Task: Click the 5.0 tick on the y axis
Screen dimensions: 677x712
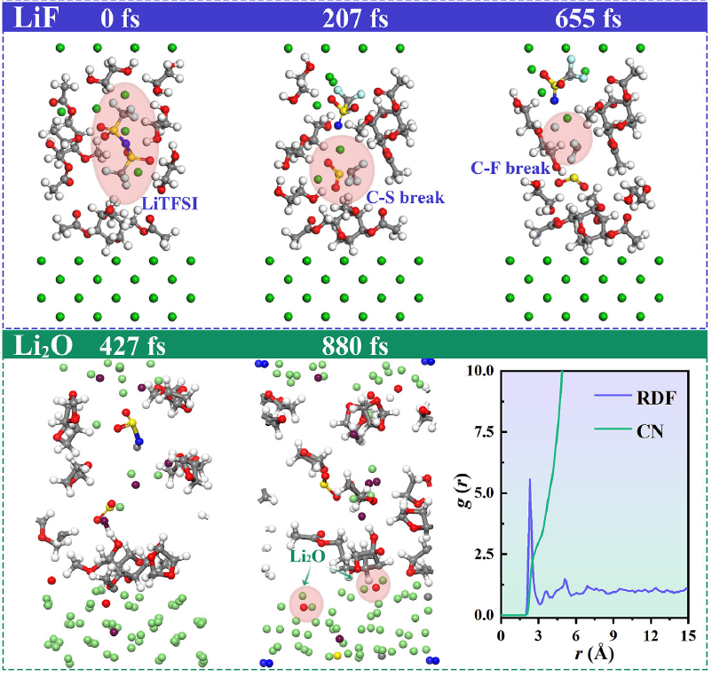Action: click(485, 493)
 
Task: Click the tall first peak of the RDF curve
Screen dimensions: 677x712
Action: click(530, 480)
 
